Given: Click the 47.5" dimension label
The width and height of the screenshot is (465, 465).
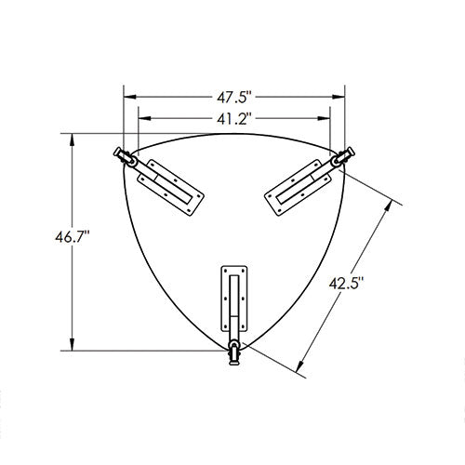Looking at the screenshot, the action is (233, 98).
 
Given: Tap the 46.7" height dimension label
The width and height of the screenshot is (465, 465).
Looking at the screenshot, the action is (73, 237).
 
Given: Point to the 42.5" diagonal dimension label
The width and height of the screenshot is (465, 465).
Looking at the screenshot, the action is (346, 283).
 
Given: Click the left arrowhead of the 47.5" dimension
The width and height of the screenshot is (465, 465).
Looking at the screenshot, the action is (130, 97).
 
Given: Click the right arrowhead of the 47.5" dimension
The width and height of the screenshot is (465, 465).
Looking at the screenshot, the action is (339, 97).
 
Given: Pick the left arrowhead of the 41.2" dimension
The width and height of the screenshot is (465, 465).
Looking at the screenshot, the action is (144, 118).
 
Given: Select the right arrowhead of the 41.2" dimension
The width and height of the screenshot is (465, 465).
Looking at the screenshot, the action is (324, 118).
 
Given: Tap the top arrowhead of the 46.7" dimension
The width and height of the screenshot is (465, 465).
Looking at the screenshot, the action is (73, 140).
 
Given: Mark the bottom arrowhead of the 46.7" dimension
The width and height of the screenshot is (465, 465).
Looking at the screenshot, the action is (73, 344).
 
